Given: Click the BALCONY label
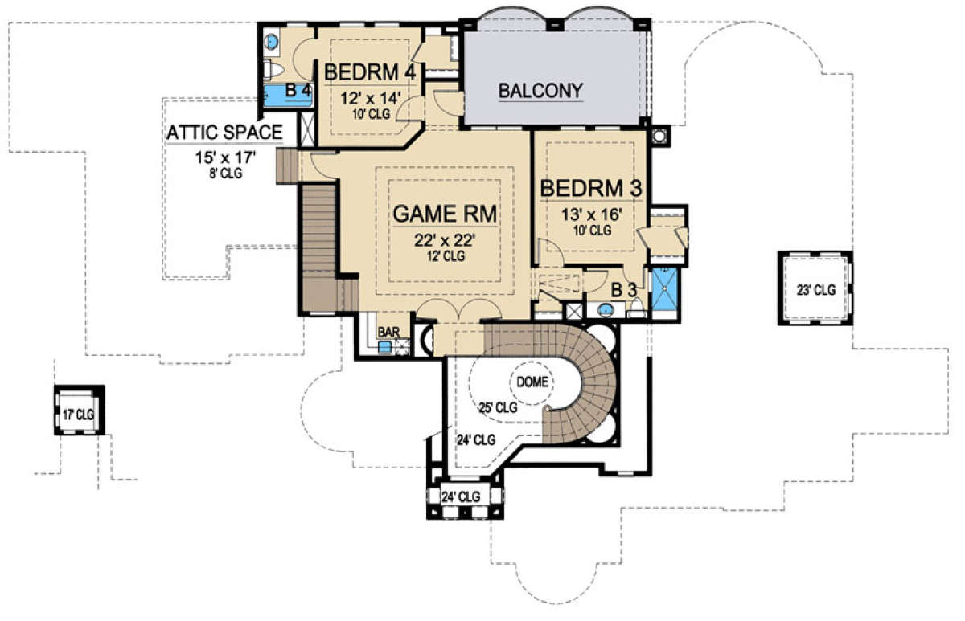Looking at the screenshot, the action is pyautogui.click(x=540, y=91).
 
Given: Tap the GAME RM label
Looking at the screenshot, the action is pyautogui.click(x=445, y=214).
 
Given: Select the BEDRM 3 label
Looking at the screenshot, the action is pyautogui.click(x=591, y=189).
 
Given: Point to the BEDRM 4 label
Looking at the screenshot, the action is pyautogui.click(x=370, y=72).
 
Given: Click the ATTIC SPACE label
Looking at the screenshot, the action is pyautogui.click(x=224, y=132).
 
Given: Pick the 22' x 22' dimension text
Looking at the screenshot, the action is pyautogui.click(x=445, y=239).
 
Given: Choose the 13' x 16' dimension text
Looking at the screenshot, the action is pyautogui.click(x=592, y=214).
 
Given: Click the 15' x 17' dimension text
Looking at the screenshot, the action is pyautogui.click(x=226, y=157).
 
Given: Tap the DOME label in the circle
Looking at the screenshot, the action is pyautogui.click(x=532, y=382).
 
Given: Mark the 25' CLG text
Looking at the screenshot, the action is pyautogui.click(x=499, y=407).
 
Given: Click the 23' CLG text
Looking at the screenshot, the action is pyautogui.click(x=816, y=290).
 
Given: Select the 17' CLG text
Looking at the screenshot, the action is pyautogui.click(x=78, y=415).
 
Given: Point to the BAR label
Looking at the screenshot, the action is pyautogui.click(x=388, y=333).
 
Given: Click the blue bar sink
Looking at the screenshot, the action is pyautogui.click(x=384, y=347).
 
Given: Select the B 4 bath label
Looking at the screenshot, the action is pyautogui.click(x=298, y=90).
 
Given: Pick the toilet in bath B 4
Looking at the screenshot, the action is pyautogui.click(x=273, y=70).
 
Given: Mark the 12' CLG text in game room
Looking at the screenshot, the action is pyautogui.click(x=446, y=256).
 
